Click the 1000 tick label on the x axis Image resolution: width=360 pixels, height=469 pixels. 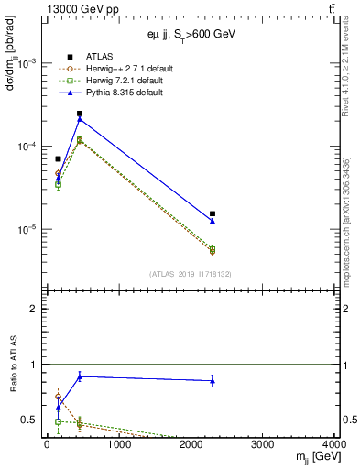pyautogui.click(x=118, y=445)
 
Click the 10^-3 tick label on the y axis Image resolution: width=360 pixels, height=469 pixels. pyautogui.click(x=27, y=63)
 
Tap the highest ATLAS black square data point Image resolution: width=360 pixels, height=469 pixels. pyautogui.click(x=80, y=114)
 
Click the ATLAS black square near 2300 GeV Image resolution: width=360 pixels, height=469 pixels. pyautogui.click(x=213, y=213)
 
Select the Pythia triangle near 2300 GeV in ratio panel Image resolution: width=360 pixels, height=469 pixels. pyautogui.click(x=213, y=380)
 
